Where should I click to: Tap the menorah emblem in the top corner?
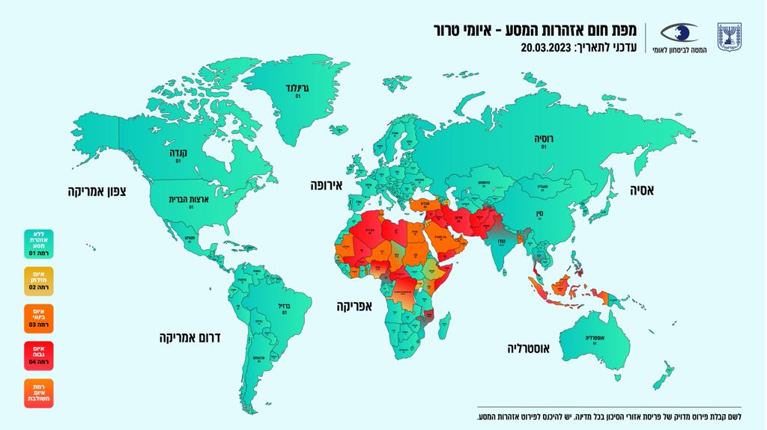[x=729, y=36]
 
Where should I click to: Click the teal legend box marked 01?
[x=38, y=245]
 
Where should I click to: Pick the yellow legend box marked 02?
[x=38, y=282]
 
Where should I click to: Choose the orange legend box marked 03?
[x=38, y=318]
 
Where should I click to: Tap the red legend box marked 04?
[x=38, y=355]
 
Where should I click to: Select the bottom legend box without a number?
[x=38, y=393]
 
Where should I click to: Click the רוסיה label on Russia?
[x=543, y=139]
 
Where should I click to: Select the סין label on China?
[x=539, y=213]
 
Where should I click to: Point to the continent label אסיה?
[x=640, y=191]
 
